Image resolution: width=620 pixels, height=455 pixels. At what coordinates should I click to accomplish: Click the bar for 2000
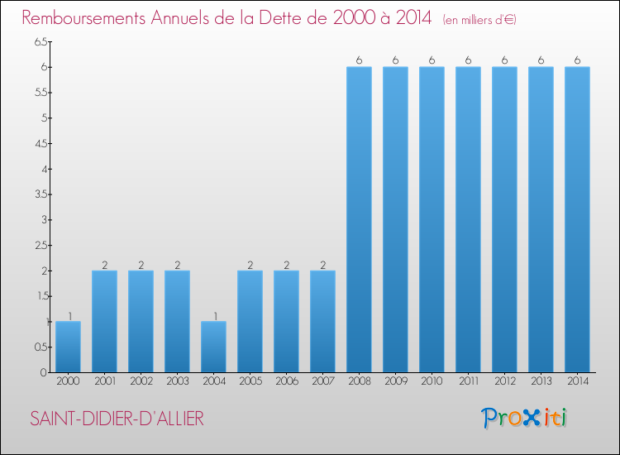click(68, 347)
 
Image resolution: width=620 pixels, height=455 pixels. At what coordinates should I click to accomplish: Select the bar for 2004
click(213, 347)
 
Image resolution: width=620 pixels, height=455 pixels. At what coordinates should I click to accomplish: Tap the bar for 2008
click(359, 219)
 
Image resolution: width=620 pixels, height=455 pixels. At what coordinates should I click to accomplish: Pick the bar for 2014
click(577, 219)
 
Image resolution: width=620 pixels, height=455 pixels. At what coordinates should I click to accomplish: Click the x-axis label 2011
click(468, 381)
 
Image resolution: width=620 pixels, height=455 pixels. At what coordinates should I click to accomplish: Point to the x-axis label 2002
click(141, 381)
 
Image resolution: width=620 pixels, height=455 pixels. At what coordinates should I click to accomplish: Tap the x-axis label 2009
click(395, 381)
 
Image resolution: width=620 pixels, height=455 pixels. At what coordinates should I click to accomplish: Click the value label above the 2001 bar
click(104, 265)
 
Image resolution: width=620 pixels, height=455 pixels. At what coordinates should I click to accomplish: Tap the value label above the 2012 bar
click(504, 60)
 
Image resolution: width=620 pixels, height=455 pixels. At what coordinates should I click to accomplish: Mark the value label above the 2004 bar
click(213, 315)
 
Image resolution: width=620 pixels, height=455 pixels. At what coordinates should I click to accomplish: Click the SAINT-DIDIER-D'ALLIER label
click(117, 419)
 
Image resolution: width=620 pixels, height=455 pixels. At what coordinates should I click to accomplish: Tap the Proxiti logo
click(524, 418)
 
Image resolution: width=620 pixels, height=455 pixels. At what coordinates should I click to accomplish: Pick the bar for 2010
click(432, 219)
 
